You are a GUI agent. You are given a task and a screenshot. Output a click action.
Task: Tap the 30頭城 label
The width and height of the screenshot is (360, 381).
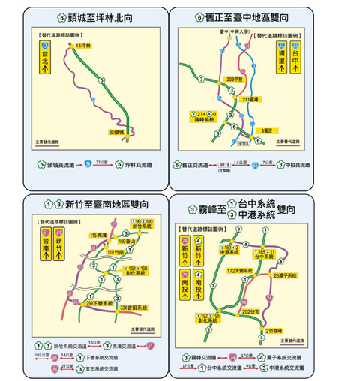tap(114, 132)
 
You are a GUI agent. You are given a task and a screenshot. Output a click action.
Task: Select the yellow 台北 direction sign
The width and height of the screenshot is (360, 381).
tap(45, 58)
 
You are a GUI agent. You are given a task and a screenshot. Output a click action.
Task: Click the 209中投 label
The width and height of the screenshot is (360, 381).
tap(235, 79)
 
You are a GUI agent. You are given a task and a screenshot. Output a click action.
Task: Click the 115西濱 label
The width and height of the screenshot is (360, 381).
tap(97, 235)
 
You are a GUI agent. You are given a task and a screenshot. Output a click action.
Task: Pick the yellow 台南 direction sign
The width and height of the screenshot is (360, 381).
tap(45, 245)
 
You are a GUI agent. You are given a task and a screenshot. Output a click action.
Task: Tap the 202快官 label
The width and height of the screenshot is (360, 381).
tap(250, 310)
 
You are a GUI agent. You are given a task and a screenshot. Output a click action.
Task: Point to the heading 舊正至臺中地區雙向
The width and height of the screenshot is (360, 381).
tap(257, 16)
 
